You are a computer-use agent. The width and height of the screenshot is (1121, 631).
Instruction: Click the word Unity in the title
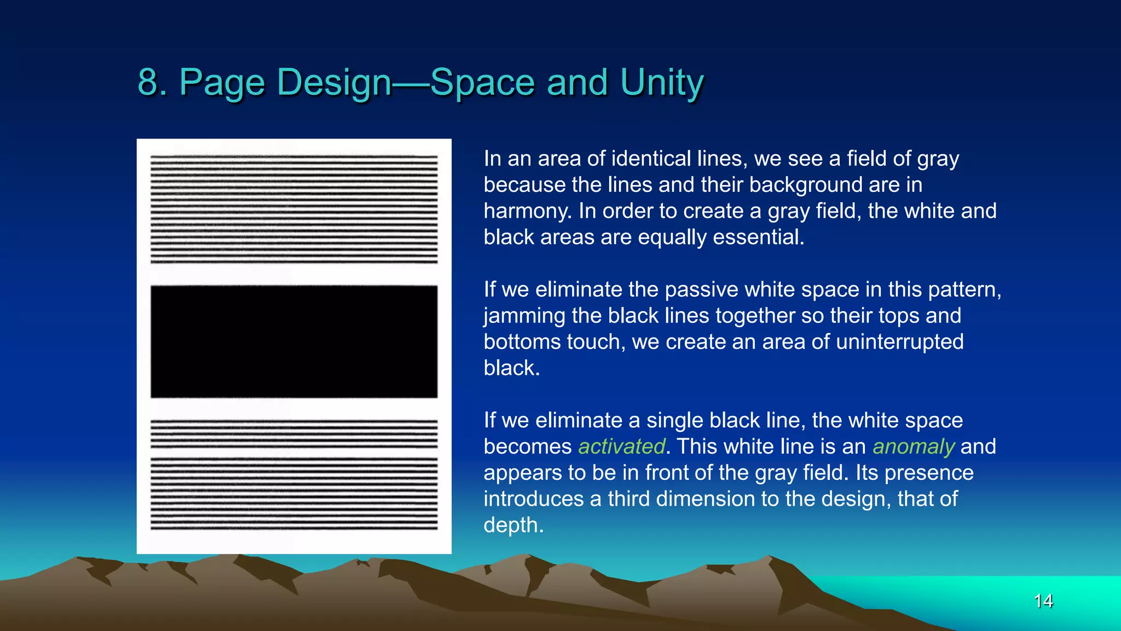tap(662, 83)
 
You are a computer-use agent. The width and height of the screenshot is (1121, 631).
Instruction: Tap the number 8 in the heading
tap(147, 83)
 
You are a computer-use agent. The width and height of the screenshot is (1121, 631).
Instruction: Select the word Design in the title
tap(334, 83)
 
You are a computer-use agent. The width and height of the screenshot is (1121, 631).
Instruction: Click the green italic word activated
tap(621, 446)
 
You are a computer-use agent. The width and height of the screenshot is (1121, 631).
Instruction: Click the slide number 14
tap(1043, 601)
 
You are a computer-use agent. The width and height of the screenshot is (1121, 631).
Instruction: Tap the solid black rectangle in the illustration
tap(294, 341)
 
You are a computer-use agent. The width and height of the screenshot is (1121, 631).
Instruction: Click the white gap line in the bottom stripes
tap(294, 452)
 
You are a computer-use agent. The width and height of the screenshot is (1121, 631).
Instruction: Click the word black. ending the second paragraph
tap(511, 368)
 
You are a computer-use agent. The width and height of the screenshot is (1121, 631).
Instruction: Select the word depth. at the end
tap(513, 525)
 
